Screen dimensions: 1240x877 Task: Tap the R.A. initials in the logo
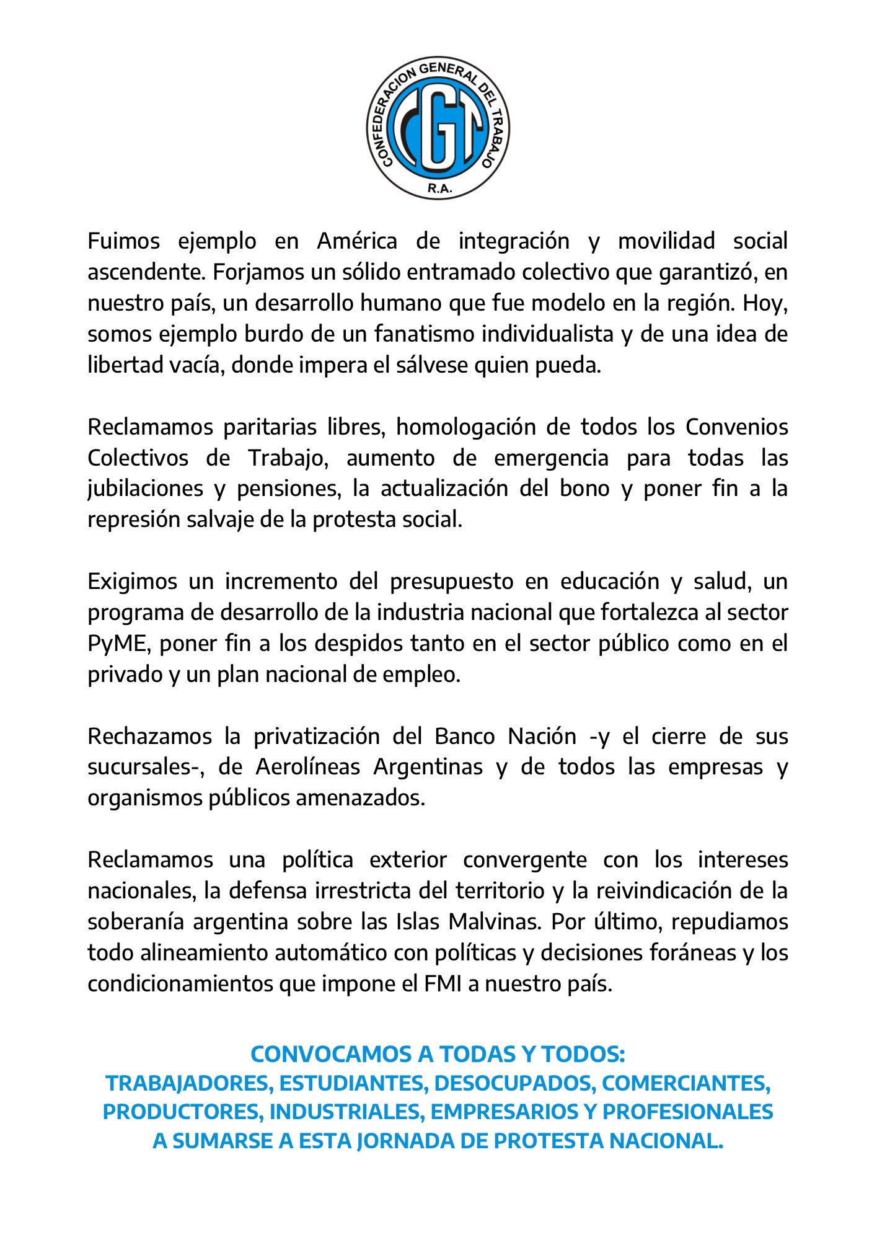[x=439, y=188]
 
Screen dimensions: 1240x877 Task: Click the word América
[x=357, y=241]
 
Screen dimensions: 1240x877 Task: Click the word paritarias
[x=271, y=427]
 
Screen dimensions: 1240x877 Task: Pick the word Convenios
[x=736, y=427]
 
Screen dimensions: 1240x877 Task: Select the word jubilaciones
[x=145, y=489]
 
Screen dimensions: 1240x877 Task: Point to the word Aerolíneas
[x=307, y=767]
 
